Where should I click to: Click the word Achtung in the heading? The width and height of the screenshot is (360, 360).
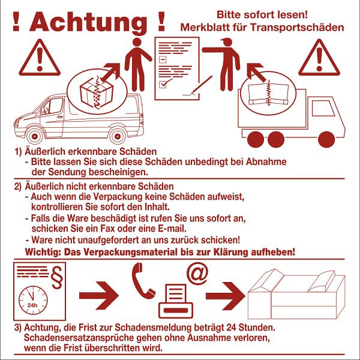[x=88, y=22]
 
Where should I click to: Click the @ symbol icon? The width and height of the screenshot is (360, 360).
[x=197, y=272]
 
